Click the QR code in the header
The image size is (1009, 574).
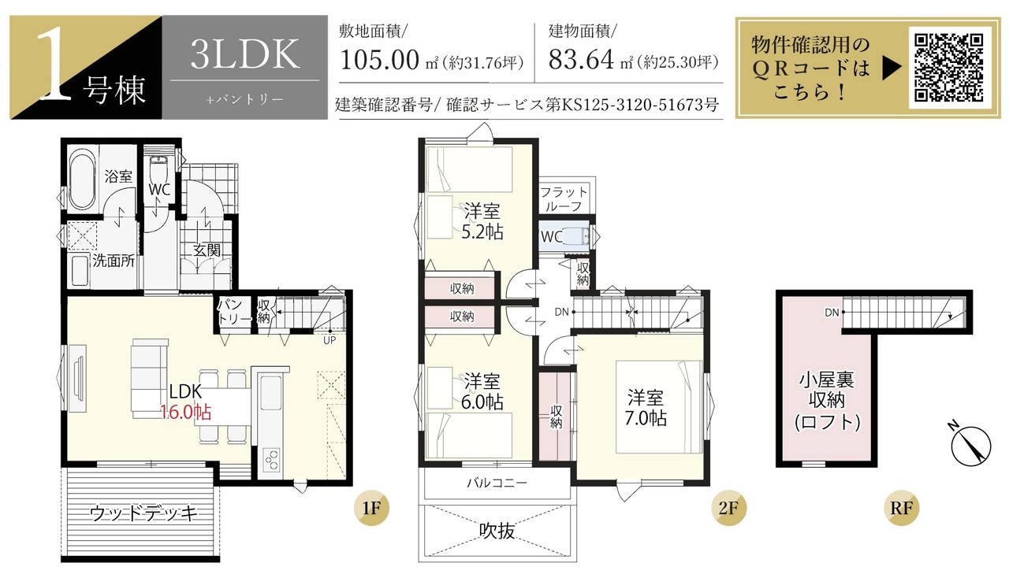click(x=948, y=68)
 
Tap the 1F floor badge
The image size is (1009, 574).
click(x=371, y=509)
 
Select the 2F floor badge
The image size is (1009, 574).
click(x=728, y=509)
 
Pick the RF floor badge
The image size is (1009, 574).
click(x=901, y=509)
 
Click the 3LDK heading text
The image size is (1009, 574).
click(x=244, y=54)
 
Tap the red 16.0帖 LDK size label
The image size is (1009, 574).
click(x=186, y=412)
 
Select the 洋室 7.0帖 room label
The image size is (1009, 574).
click(x=646, y=408)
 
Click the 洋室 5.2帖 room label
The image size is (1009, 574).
click(x=482, y=221)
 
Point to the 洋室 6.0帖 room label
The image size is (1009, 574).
click(x=482, y=391)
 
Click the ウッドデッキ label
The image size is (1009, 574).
click(x=143, y=513)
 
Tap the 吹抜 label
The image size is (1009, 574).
click(x=497, y=531)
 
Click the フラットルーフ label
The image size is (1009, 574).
click(x=564, y=199)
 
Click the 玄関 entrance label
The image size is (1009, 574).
click(x=207, y=250)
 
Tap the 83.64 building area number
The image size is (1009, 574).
click(x=581, y=59)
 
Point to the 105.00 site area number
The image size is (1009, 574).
click(x=380, y=60)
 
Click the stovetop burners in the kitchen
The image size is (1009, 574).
click(x=271, y=461)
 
